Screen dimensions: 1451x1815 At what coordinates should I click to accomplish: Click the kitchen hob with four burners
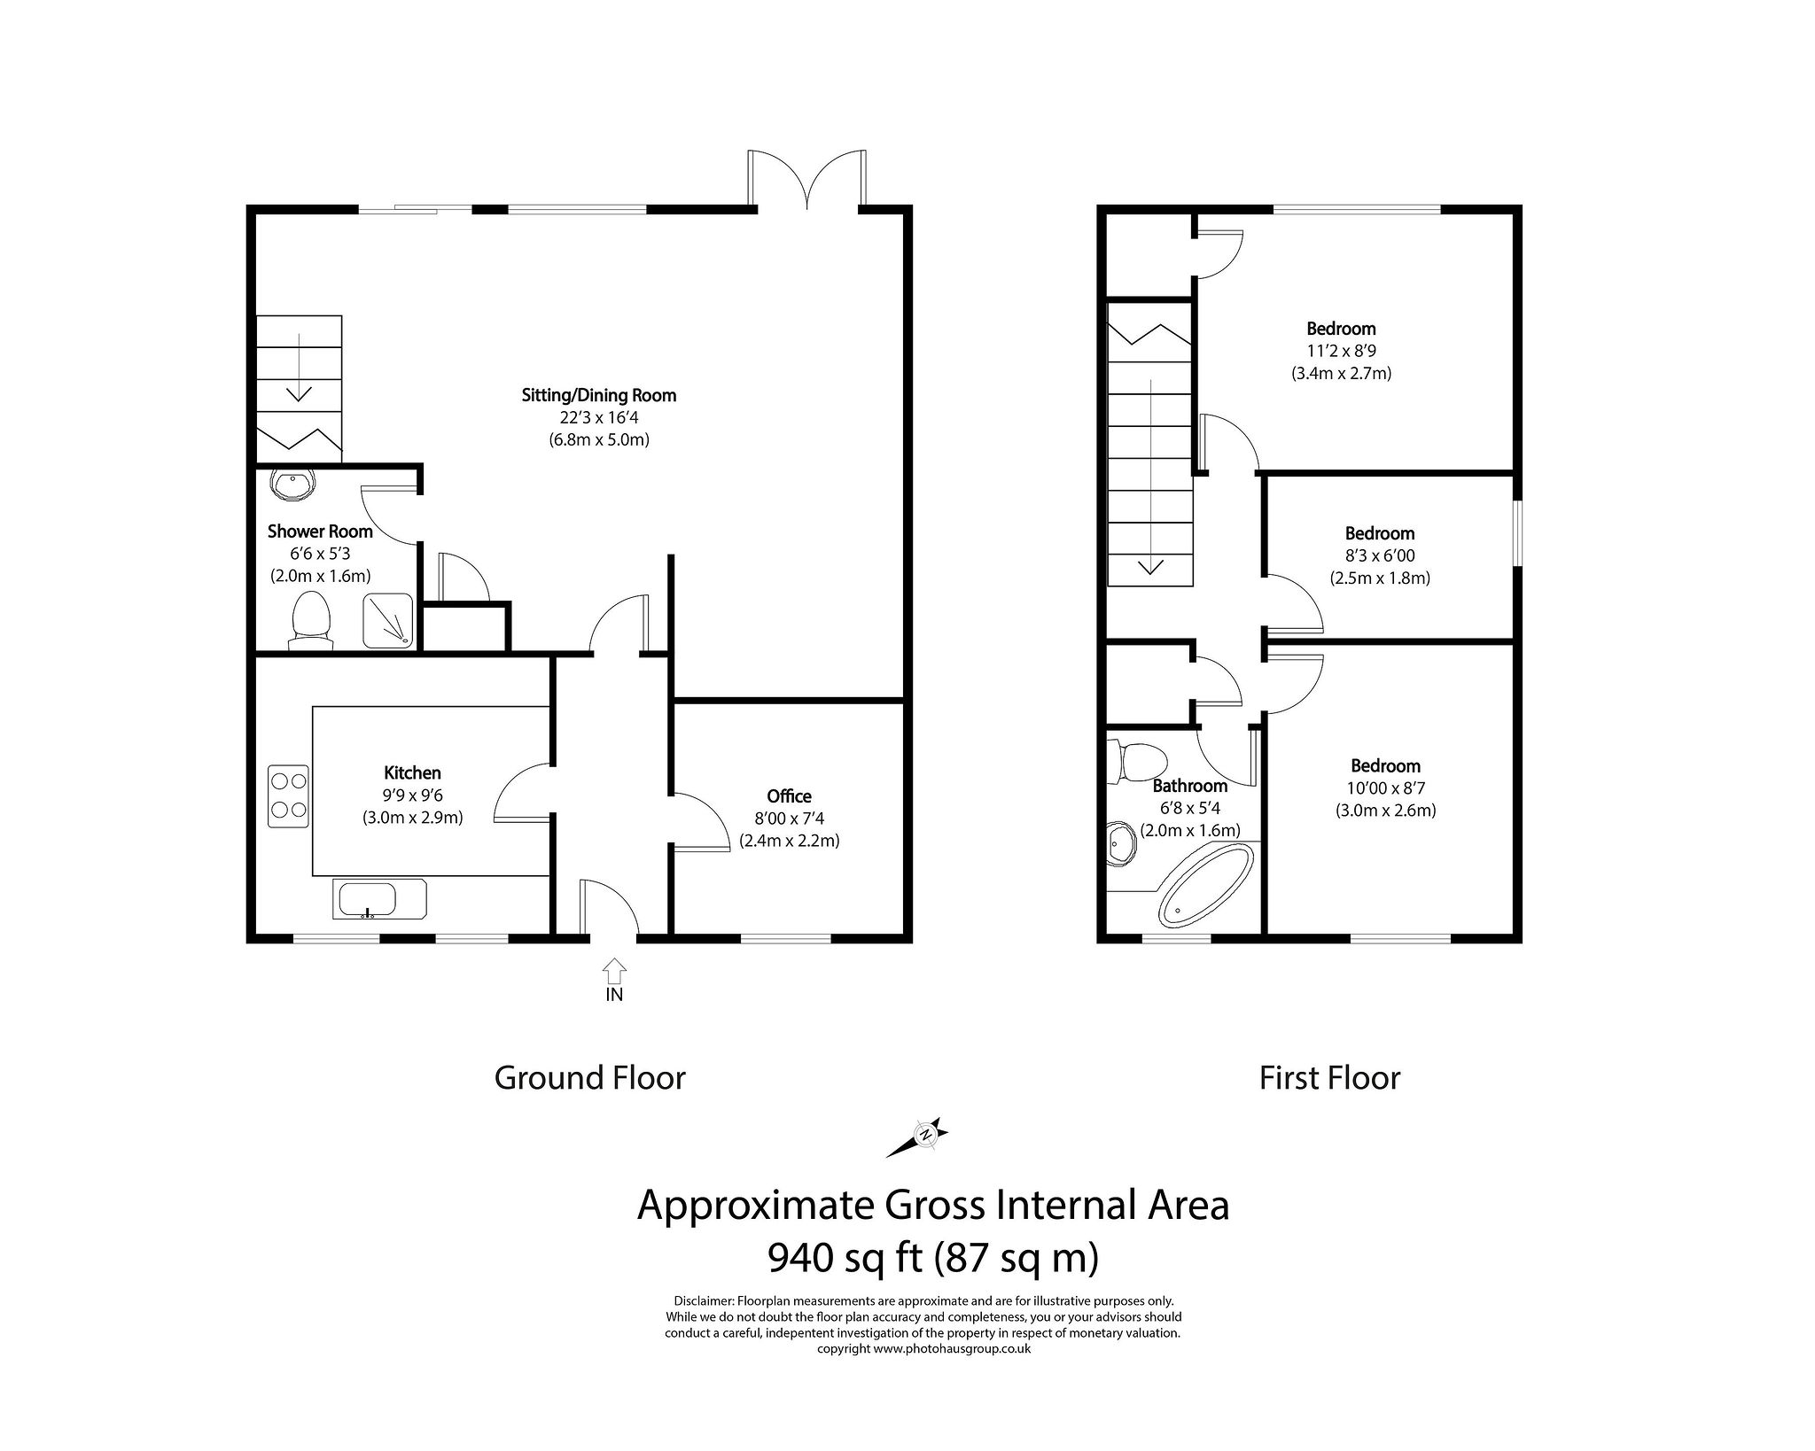point(289,795)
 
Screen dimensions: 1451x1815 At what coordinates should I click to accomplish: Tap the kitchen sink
point(379,898)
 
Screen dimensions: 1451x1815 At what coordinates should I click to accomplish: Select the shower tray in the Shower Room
point(387,619)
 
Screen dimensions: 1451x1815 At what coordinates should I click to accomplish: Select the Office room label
point(789,796)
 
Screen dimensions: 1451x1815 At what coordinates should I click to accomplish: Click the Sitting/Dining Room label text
point(598,395)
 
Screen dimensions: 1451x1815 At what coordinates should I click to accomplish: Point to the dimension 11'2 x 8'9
point(1340,351)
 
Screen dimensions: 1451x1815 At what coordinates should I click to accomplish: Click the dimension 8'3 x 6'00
point(1379,555)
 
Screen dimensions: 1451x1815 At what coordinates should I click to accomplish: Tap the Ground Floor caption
point(589,1078)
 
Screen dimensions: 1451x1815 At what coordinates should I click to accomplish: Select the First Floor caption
point(1329,1078)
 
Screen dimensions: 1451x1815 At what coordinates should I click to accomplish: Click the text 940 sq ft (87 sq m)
point(932,1257)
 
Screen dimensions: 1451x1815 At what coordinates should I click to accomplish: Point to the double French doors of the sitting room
point(807,182)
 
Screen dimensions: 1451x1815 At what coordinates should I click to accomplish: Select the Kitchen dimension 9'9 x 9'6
point(412,795)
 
